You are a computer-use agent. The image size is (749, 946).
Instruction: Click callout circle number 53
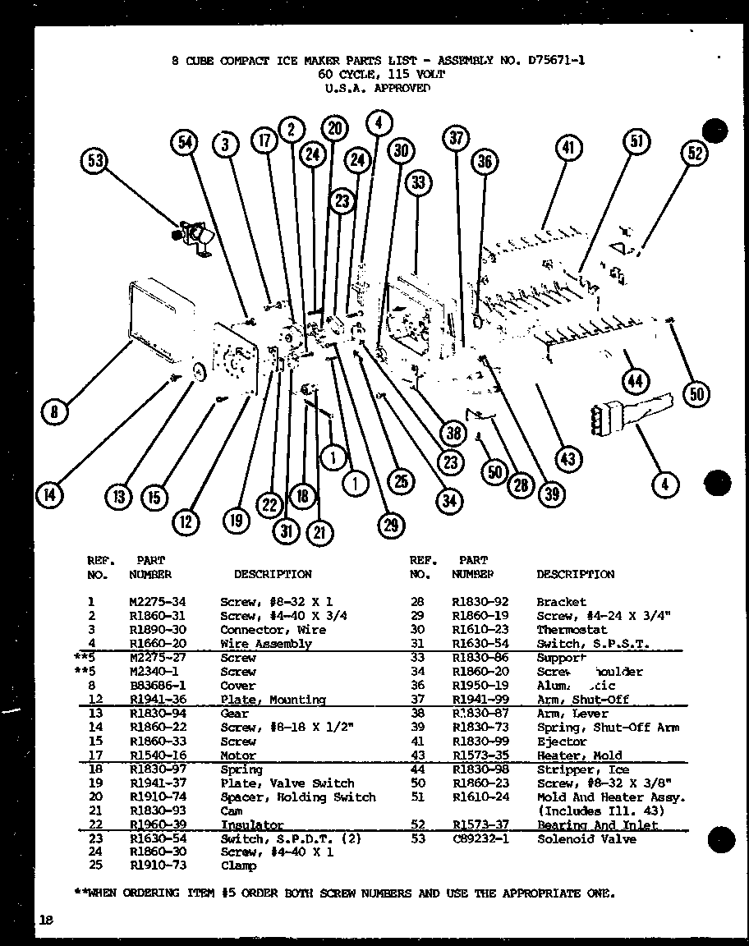click(x=97, y=162)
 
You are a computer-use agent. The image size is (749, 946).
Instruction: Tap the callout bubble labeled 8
click(x=54, y=411)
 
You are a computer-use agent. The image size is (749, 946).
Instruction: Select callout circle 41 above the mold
click(x=568, y=148)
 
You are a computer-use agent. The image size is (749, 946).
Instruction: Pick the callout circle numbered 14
click(x=49, y=494)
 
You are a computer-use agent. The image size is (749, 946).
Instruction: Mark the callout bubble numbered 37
click(x=457, y=139)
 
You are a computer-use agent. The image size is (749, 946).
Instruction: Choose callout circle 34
click(x=448, y=500)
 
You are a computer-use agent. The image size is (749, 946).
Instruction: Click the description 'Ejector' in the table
click(x=562, y=742)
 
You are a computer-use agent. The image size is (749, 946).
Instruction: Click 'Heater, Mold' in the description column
click(x=579, y=755)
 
